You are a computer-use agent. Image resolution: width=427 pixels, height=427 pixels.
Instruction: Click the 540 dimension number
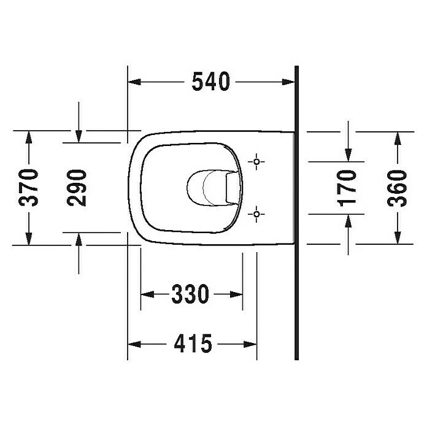pyautogui.click(x=211, y=82)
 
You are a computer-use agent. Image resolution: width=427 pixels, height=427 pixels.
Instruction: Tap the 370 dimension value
pyautogui.click(x=29, y=188)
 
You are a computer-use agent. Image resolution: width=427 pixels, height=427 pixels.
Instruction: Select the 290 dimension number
pyautogui.click(x=77, y=188)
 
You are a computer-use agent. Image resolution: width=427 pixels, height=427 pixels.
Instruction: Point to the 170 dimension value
pyautogui.click(x=347, y=188)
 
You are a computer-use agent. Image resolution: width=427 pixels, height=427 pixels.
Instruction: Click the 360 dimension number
pyautogui.click(x=397, y=188)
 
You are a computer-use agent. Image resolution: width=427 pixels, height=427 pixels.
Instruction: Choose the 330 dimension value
pyautogui.click(x=190, y=294)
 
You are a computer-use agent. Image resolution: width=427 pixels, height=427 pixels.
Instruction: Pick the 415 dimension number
pyautogui.click(x=193, y=344)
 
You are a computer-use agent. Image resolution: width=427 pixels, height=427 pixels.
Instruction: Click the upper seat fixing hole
pyautogui.click(x=256, y=162)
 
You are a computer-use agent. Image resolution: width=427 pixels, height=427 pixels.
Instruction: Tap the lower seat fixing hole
pyautogui.click(x=256, y=214)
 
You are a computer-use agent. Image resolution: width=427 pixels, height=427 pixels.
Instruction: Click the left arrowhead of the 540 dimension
pyautogui.click(x=134, y=82)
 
